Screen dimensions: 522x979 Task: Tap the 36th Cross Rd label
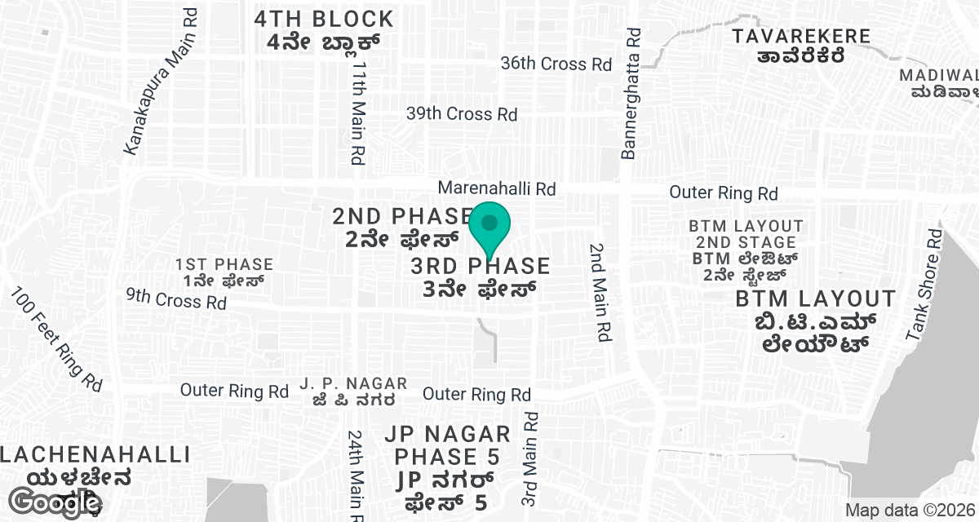click(556, 64)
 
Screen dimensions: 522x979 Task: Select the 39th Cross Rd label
click(462, 114)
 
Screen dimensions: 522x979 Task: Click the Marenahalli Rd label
click(496, 188)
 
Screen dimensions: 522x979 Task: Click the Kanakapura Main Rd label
click(162, 82)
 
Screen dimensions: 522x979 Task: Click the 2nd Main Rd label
click(601, 291)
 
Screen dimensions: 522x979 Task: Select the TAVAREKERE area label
click(800, 45)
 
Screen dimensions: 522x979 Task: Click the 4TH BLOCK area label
click(323, 30)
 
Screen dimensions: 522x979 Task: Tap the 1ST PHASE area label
click(224, 272)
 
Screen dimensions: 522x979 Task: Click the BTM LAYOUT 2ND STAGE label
click(745, 250)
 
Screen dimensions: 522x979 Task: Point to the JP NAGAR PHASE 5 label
click(452, 468)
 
